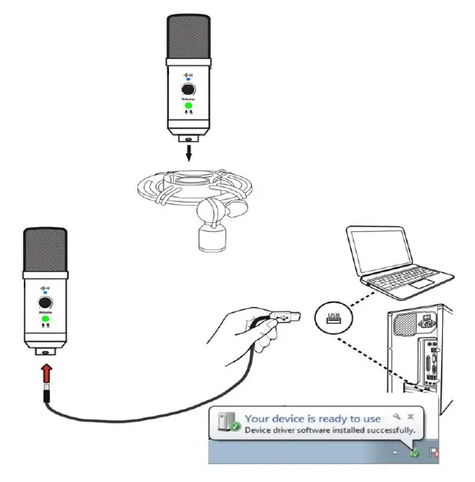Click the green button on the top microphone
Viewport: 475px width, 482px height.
pos(190,106)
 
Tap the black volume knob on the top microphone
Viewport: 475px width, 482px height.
pos(190,89)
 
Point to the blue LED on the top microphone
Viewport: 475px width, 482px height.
pos(190,78)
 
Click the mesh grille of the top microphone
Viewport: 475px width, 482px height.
pos(190,36)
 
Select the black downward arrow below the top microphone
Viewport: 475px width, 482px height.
pos(190,152)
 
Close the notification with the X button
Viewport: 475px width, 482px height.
pos(410,416)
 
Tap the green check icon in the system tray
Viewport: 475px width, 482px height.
pos(415,452)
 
